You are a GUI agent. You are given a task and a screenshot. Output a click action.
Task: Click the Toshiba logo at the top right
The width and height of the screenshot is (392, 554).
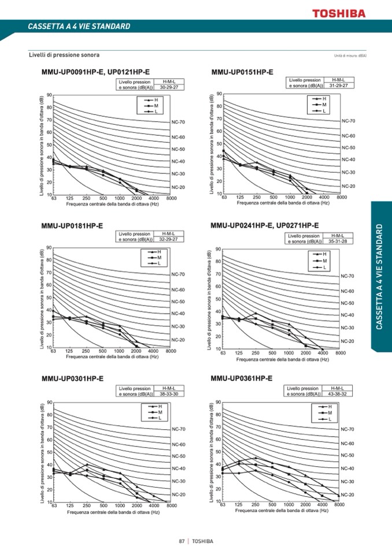(x=339, y=13)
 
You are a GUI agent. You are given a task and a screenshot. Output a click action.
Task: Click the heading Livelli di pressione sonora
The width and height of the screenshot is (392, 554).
(x=64, y=55)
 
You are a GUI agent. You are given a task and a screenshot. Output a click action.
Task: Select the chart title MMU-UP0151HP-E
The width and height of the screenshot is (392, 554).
(x=242, y=72)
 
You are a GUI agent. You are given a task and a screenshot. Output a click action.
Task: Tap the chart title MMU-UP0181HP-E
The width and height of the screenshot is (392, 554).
(x=72, y=225)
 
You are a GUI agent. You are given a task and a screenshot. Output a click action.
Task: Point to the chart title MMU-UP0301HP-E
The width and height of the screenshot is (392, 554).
(x=72, y=379)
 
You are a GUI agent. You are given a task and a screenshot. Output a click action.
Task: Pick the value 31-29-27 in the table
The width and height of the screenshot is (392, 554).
(x=338, y=85)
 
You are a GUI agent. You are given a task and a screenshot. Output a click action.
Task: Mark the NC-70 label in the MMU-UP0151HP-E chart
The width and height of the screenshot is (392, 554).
(x=348, y=121)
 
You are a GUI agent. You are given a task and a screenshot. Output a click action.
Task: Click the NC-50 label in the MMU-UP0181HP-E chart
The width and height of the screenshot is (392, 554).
(x=178, y=302)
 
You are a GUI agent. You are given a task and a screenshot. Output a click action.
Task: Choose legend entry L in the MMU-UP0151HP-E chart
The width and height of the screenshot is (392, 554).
(x=324, y=111)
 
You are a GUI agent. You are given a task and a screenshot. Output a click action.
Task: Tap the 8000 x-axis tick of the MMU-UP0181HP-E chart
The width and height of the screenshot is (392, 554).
(x=171, y=351)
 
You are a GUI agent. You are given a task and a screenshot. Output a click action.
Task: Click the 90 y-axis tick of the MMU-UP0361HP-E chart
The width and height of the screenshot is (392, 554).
(x=218, y=402)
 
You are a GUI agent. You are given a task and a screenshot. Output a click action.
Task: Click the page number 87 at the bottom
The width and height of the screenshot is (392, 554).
(x=182, y=541)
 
